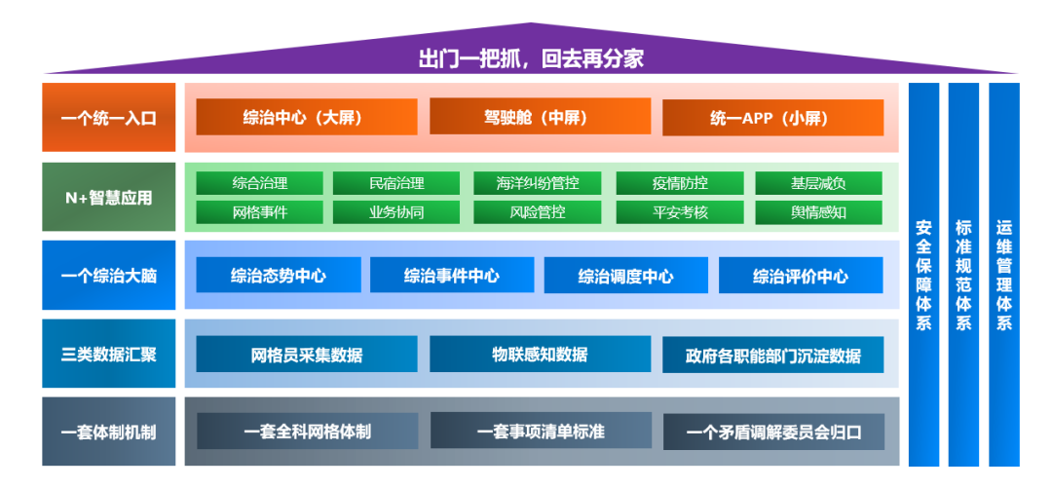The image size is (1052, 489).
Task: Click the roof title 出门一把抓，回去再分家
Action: point(531,58)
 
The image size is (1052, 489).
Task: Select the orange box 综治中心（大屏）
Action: point(306,118)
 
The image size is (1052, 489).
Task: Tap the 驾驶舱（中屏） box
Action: point(540,117)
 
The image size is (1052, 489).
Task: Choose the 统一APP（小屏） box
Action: point(773,118)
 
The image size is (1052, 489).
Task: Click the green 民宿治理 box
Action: point(396,183)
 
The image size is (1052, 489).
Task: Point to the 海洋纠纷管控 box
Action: point(537,183)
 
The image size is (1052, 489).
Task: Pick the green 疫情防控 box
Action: point(680,183)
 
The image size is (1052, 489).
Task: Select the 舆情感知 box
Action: point(818,212)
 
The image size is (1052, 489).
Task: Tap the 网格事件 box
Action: point(259,212)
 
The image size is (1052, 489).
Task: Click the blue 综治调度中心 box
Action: point(625,276)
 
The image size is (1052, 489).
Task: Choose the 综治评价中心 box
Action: point(800,276)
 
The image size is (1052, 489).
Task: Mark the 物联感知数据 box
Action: point(540,355)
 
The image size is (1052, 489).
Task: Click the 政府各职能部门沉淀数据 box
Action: point(773,356)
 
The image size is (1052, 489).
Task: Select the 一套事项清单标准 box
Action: point(541,431)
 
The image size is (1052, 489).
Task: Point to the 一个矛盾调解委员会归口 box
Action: point(773,432)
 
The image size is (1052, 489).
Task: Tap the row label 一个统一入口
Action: point(109,118)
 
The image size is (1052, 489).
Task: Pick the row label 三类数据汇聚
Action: point(109,354)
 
